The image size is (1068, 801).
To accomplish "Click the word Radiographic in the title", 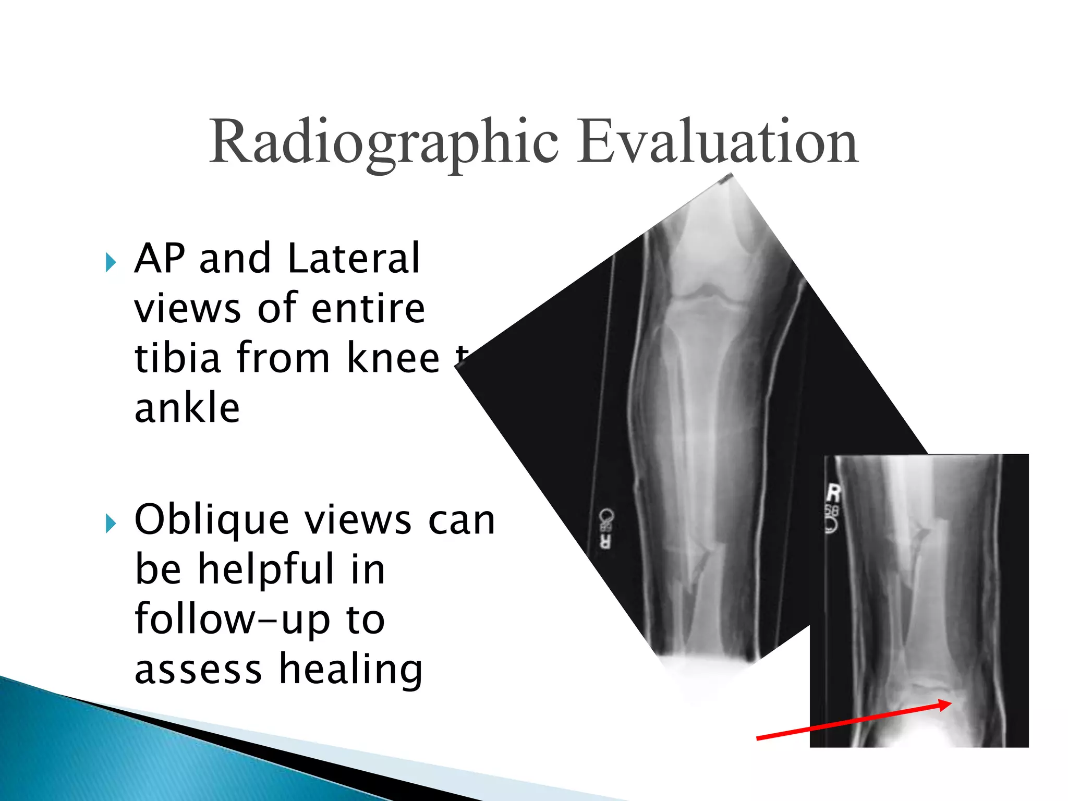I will [384, 142].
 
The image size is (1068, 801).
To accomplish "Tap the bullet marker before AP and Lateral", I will [111, 262].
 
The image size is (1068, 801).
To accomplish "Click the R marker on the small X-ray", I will [834, 493].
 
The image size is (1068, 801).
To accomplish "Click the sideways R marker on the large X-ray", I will [605, 542].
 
